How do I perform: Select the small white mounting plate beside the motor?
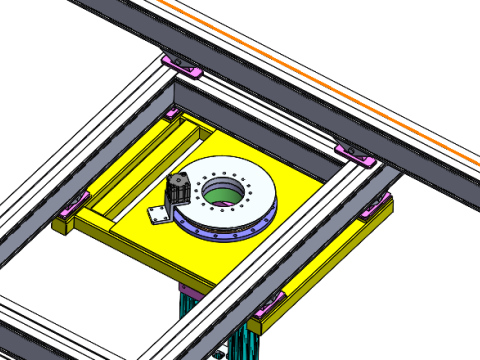157,216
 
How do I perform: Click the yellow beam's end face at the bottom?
257,326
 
